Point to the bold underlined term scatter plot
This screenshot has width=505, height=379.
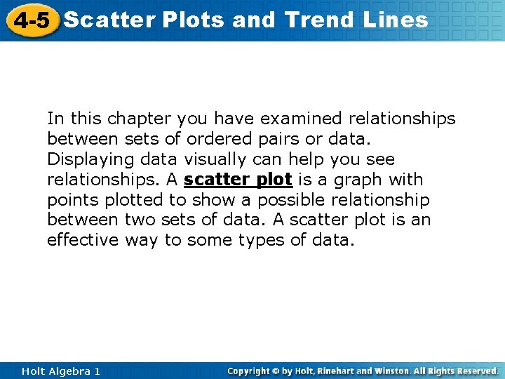(x=238, y=180)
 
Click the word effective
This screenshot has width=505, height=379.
(x=83, y=241)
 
